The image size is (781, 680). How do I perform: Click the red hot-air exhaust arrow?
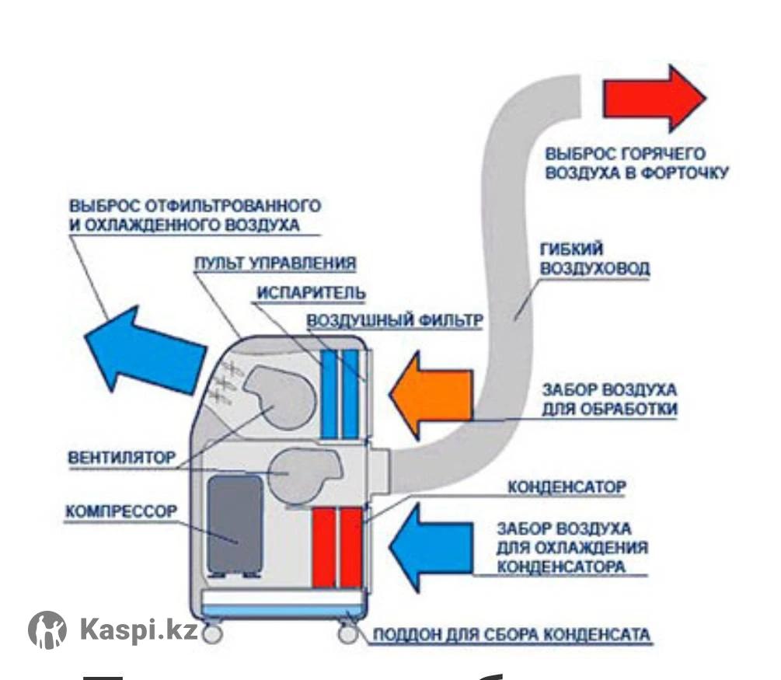[654, 99]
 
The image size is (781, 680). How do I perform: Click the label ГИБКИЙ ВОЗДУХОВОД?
[594, 260]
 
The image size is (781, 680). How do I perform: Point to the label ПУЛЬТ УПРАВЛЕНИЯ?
[274, 263]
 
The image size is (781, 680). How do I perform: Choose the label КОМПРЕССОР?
[121, 512]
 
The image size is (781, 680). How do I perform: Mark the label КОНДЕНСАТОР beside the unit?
[567, 488]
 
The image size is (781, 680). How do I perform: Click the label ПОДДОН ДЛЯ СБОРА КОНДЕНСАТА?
[511, 635]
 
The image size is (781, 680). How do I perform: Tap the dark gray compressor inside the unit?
[234, 522]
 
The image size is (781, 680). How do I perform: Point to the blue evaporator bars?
[340, 393]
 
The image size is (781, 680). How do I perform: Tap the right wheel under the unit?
[348, 633]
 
